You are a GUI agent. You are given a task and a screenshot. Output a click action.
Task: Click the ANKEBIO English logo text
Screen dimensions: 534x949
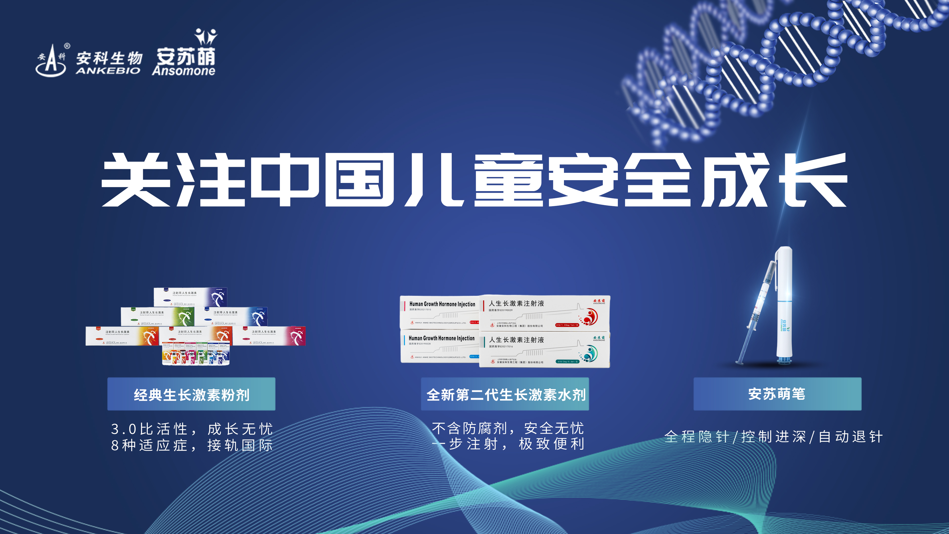[x=108, y=70]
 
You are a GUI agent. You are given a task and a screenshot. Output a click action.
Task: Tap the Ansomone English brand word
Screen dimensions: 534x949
[x=183, y=71]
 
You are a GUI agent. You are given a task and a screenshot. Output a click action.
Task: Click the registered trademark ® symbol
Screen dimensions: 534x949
[x=67, y=46]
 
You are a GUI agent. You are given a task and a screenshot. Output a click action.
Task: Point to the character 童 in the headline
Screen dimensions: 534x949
[x=508, y=180]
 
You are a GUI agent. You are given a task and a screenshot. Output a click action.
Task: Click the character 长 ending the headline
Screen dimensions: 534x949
[x=814, y=180]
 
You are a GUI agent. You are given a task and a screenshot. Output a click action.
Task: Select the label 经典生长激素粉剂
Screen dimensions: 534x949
[x=191, y=394]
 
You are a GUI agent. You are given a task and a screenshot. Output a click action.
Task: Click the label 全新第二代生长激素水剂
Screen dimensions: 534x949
[x=505, y=394]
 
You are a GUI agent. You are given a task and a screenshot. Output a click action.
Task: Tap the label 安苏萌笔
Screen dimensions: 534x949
[x=777, y=394]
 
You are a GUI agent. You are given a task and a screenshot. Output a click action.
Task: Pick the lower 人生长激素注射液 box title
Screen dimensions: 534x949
[x=516, y=340]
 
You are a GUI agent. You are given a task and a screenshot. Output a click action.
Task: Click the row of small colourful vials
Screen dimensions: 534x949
[x=196, y=355]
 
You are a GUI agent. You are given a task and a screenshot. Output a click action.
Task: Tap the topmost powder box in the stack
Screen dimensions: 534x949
[x=191, y=297]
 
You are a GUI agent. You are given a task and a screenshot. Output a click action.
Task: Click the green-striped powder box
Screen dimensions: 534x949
[x=158, y=316]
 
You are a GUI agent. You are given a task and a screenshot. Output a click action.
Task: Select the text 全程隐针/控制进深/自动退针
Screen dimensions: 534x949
[x=774, y=437]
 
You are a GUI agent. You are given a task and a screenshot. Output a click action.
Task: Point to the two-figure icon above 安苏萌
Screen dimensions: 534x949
[x=206, y=37]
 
